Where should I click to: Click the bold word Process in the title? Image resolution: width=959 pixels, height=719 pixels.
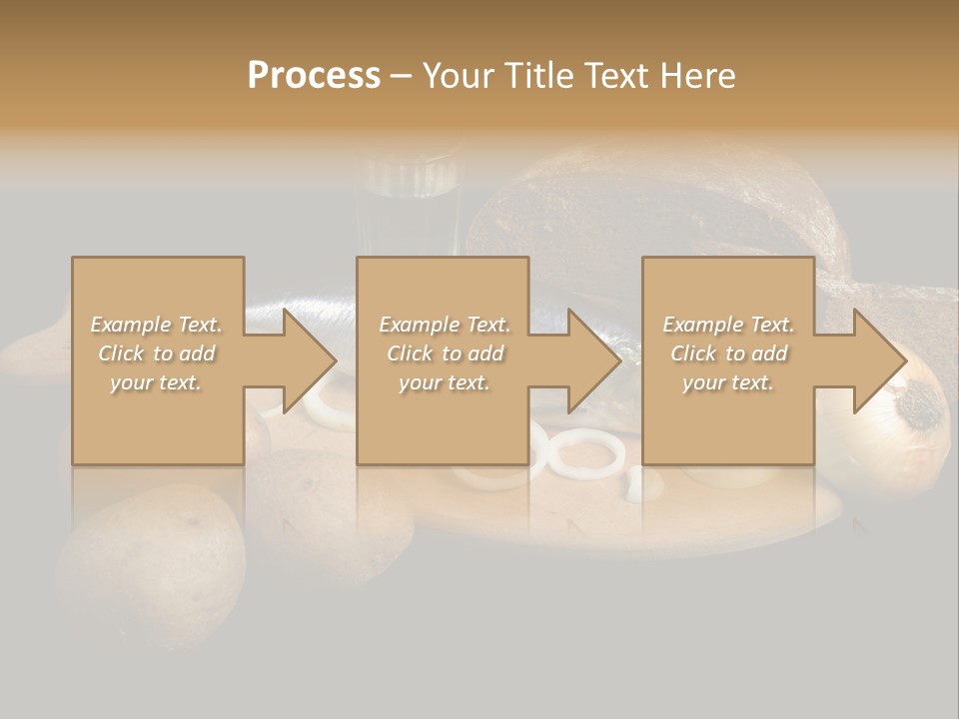tap(314, 76)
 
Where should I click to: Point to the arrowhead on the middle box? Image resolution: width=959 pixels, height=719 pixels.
tap(593, 360)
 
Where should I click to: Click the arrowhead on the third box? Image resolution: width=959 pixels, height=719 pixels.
tap(879, 360)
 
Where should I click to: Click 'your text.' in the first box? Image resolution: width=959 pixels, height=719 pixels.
tap(156, 381)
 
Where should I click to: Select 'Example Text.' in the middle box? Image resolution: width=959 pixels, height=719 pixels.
tap(444, 325)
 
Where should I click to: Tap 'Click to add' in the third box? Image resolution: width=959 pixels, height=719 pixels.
tap(728, 354)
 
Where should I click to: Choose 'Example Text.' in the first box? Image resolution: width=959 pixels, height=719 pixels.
tap(156, 325)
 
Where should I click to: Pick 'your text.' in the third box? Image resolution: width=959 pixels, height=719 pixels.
tap(728, 381)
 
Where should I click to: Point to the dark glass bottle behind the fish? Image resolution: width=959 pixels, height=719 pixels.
tap(412, 200)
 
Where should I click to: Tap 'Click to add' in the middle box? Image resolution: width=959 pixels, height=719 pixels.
tap(444, 354)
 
